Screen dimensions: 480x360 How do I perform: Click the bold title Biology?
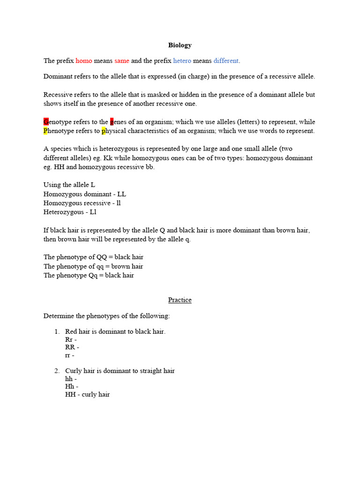(x=180, y=45)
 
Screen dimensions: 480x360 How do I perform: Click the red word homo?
(x=84, y=61)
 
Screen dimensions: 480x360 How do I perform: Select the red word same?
(x=122, y=61)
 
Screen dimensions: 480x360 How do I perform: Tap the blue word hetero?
(x=182, y=61)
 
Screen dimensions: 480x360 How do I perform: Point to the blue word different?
(x=226, y=61)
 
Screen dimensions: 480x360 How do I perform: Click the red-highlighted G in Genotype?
(x=46, y=122)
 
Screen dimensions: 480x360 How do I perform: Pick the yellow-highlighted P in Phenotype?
(x=46, y=131)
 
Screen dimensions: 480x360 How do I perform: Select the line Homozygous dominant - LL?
(x=84, y=194)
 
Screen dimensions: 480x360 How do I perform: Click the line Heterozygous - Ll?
(x=70, y=212)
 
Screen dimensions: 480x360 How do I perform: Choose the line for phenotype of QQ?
(x=93, y=257)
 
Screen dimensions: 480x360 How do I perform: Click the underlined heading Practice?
(x=180, y=300)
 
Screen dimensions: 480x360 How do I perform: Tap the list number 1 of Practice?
(x=57, y=332)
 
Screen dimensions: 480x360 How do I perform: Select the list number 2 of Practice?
(x=57, y=371)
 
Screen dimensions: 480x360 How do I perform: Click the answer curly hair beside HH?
(x=96, y=394)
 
